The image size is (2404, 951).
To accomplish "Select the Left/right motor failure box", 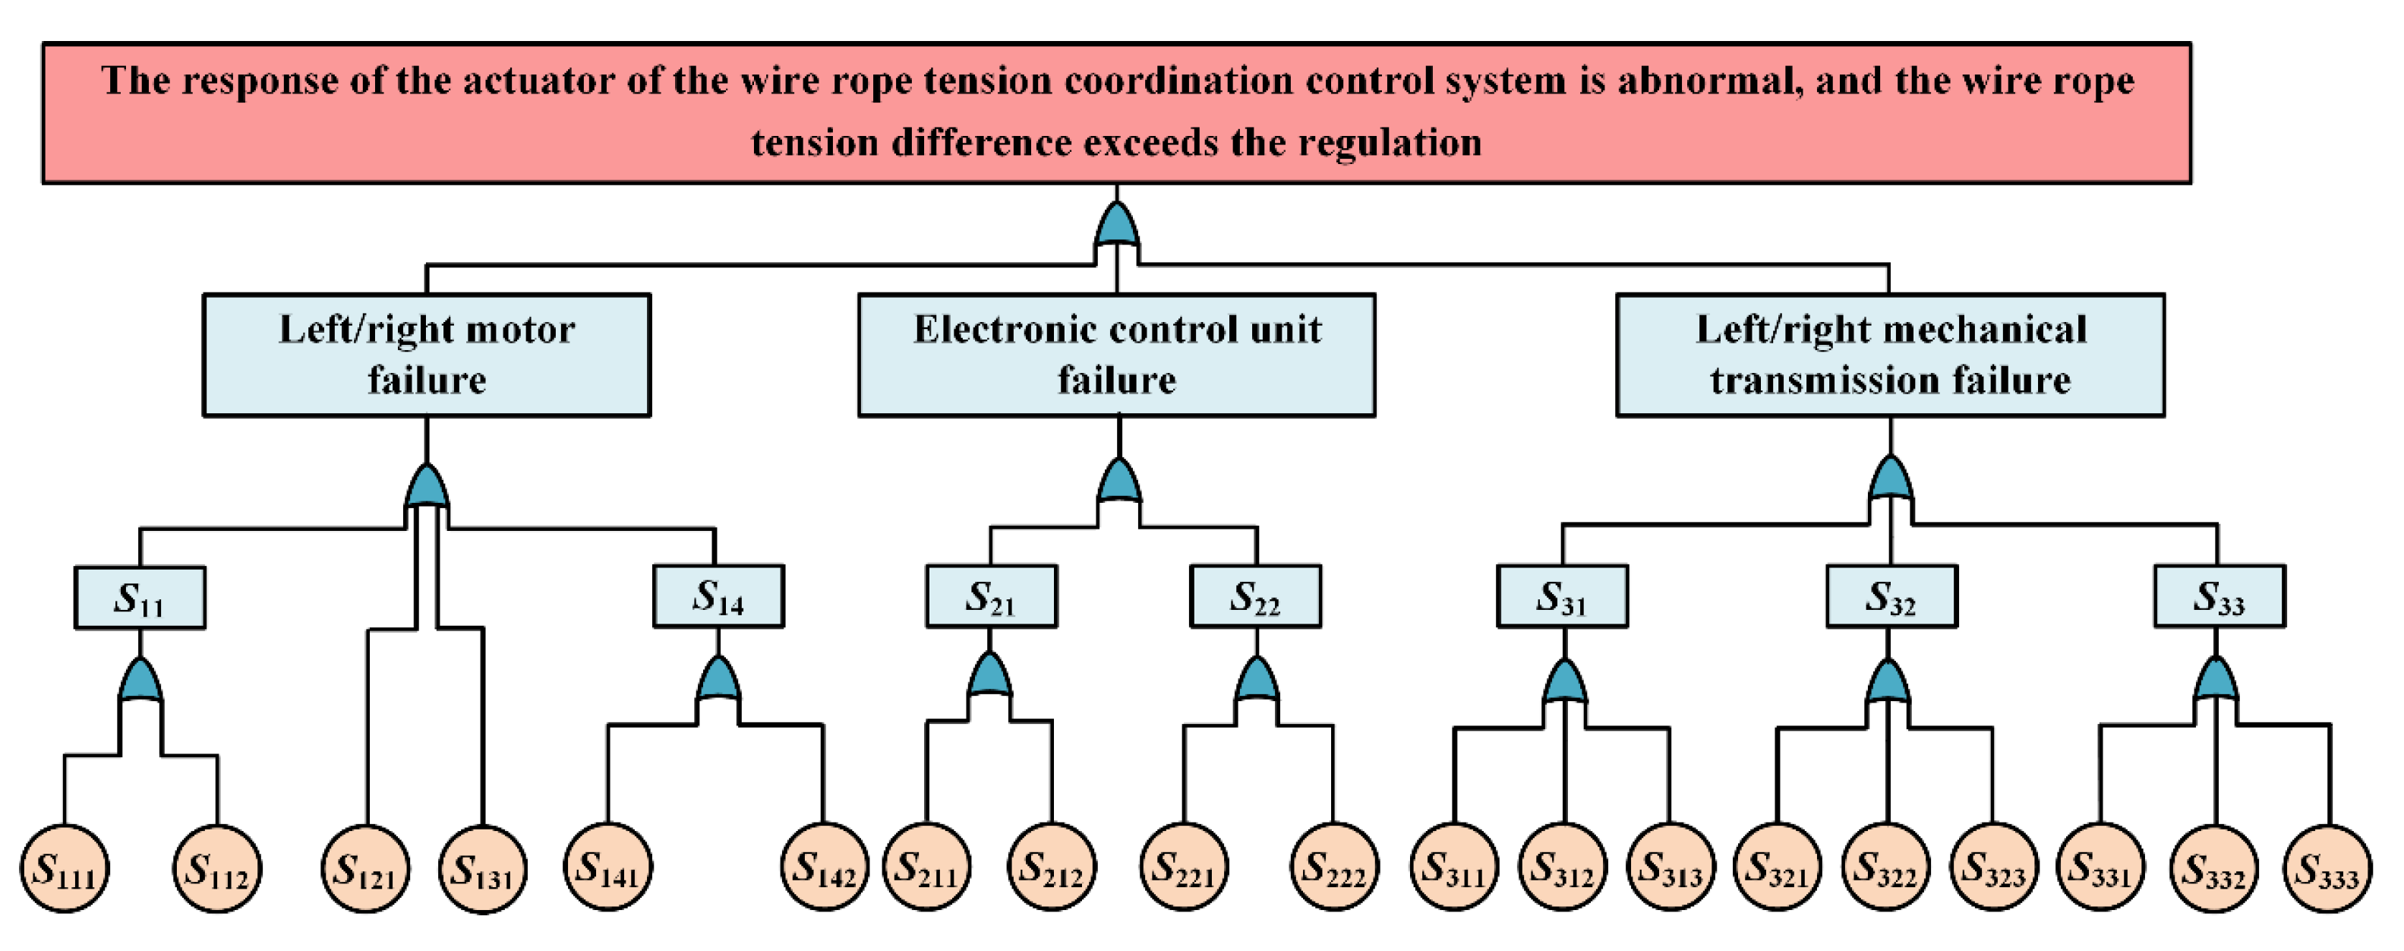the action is click(427, 355).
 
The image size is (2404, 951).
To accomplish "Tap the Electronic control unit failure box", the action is click(1116, 355).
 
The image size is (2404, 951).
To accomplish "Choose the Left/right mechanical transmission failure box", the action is click(1890, 355).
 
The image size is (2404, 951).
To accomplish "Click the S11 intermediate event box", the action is click(140, 597).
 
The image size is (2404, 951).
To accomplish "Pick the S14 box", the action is click(718, 596).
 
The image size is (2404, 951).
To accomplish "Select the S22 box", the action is click(1255, 596).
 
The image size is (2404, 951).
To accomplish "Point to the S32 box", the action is click(1891, 596).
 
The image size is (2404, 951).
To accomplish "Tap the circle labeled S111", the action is click(65, 869).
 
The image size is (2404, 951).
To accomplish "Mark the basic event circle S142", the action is click(824, 867).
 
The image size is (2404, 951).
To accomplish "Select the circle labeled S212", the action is click(1052, 867).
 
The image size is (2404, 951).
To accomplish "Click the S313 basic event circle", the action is click(1670, 867).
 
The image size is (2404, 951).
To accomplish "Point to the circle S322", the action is click(1885, 867).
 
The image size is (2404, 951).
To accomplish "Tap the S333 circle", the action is click(2327, 869).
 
